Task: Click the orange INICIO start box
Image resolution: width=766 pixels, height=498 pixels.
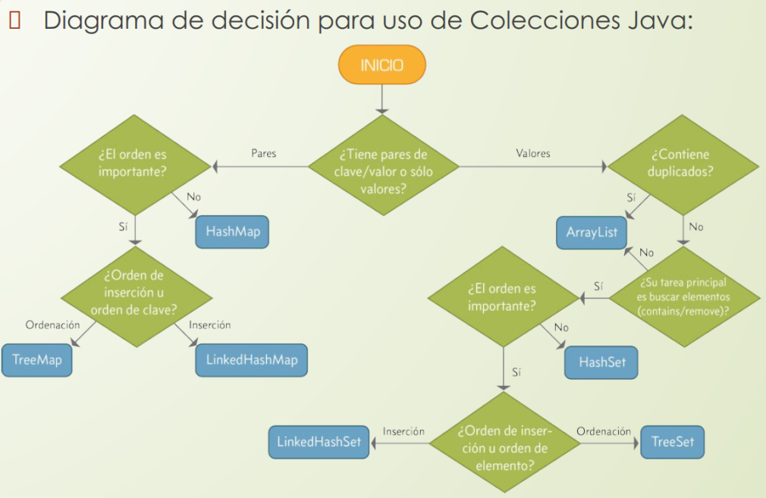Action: tap(381, 65)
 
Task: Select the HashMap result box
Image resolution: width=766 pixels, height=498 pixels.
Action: tap(232, 232)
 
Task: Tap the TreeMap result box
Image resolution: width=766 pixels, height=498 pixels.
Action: tap(37, 359)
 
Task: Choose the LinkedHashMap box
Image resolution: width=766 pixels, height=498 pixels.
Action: tap(252, 359)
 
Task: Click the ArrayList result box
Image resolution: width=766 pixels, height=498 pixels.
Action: tap(592, 232)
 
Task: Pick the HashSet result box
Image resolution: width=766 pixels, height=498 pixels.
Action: tap(602, 362)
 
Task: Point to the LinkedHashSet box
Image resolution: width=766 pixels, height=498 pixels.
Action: tap(319, 442)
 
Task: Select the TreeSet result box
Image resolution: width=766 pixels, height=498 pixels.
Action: tap(667, 442)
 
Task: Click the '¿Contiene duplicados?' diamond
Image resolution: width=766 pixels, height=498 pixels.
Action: tap(680, 163)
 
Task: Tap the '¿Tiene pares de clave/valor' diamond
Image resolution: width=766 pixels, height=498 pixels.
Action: tap(381, 171)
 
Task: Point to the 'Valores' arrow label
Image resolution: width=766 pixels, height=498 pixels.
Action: tap(532, 153)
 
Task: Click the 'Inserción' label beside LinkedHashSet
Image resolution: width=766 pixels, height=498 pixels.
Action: tap(403, 431)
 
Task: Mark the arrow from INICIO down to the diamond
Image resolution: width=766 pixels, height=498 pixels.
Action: tap(381, 99)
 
